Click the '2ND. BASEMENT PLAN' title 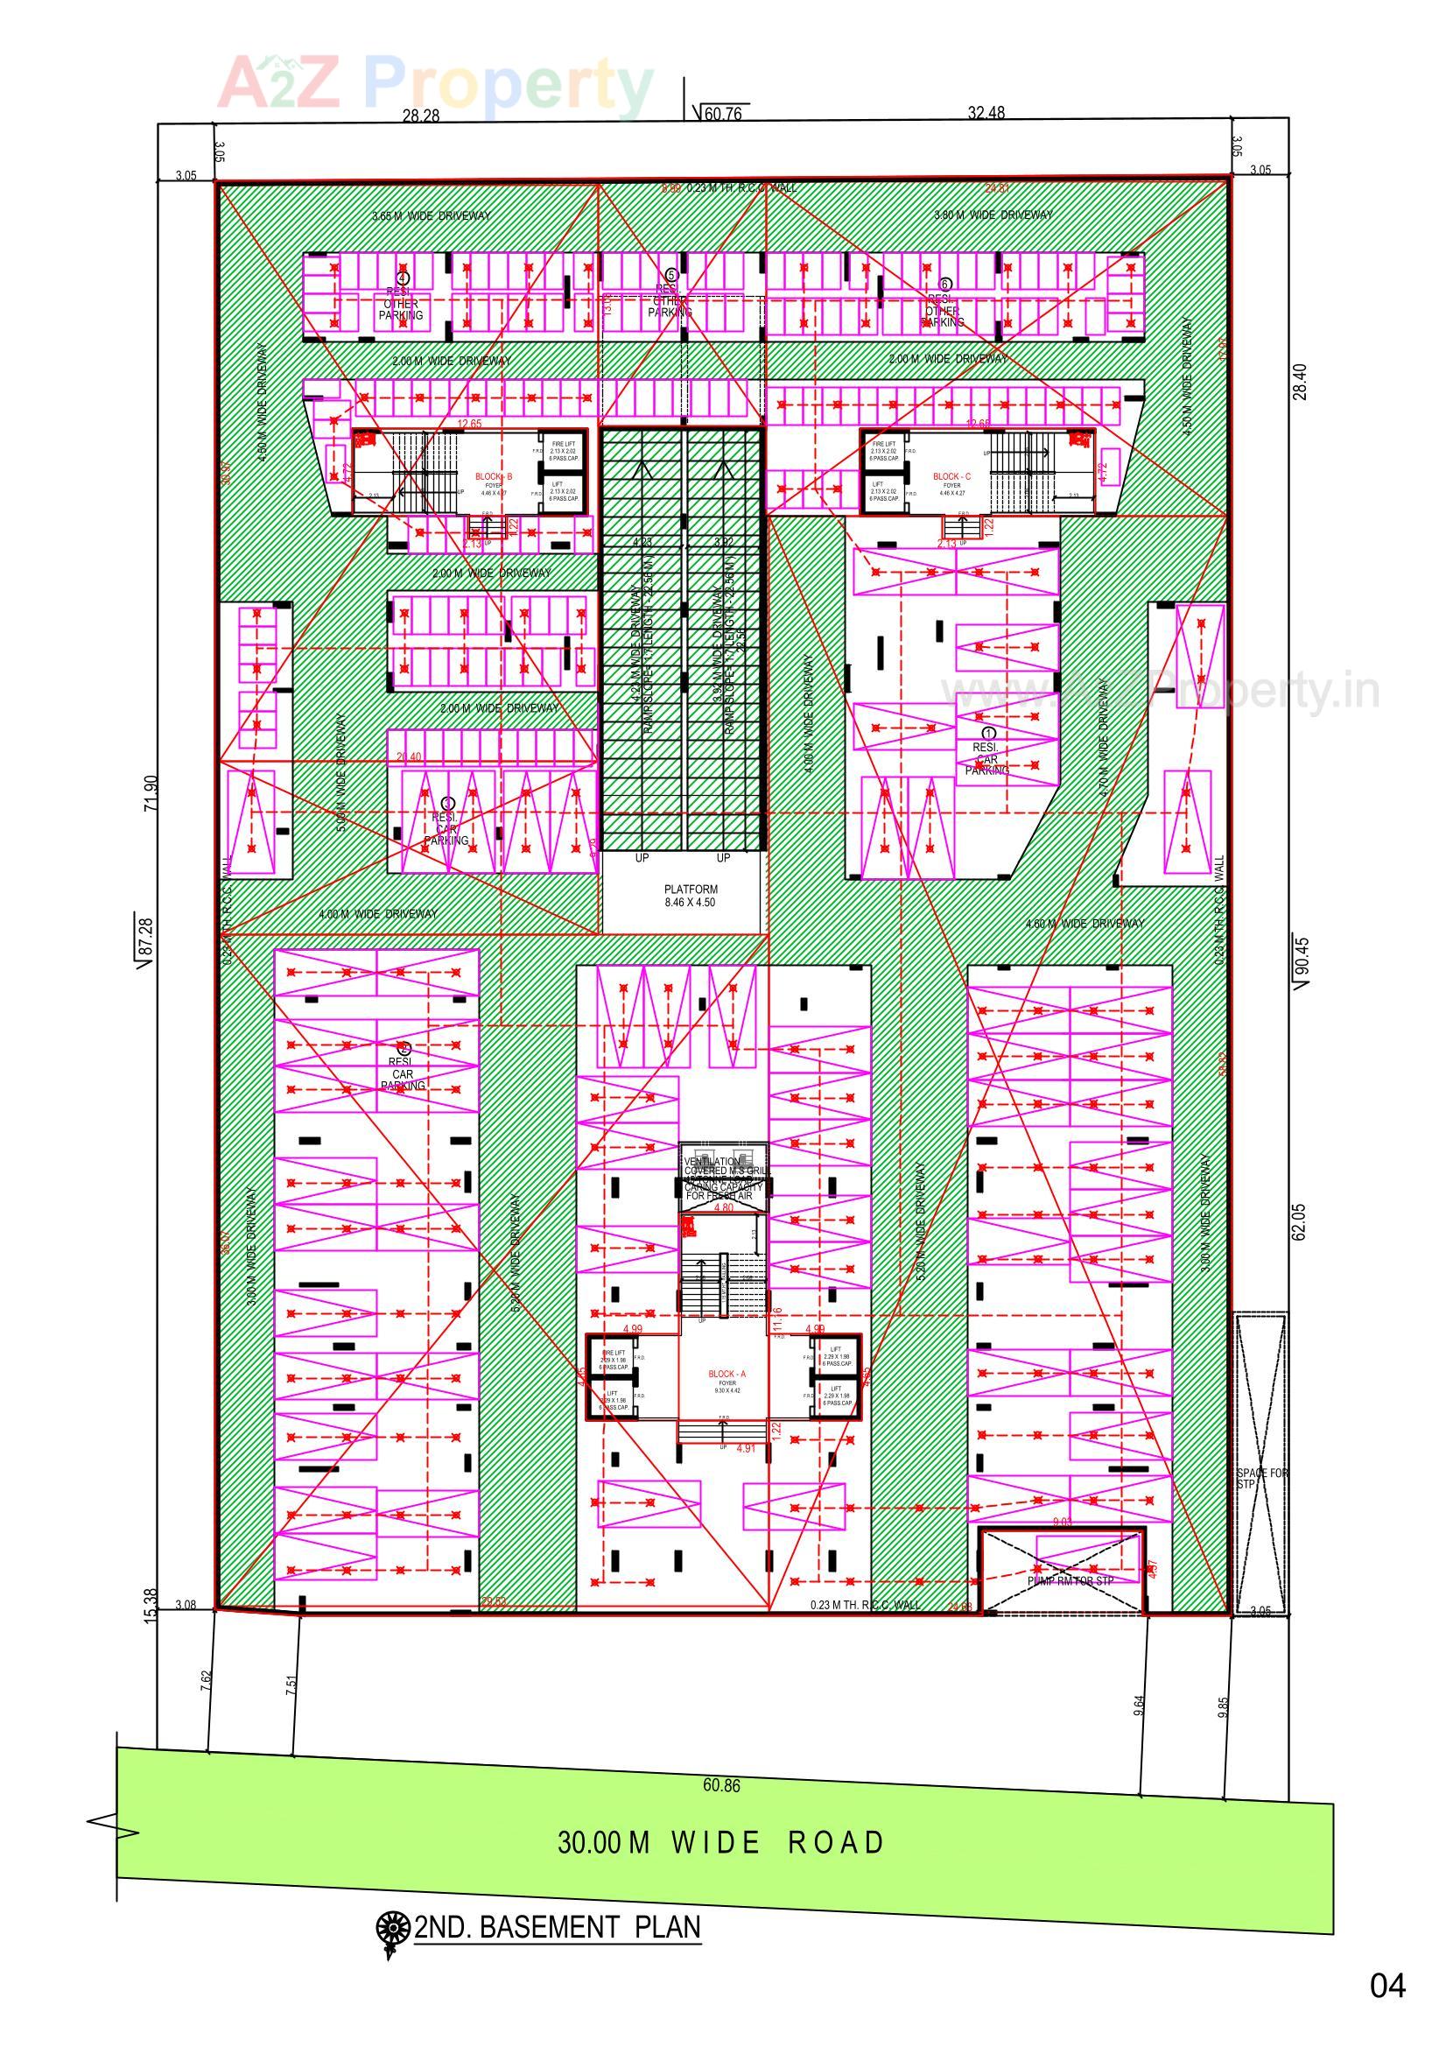tap(558, 1927)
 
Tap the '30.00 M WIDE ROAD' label tap(720, 1843)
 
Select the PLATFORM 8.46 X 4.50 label tap(690, 895)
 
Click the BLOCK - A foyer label tap(727, 1375)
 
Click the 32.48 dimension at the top tap(986, 112)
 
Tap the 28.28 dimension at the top tap(421, 115)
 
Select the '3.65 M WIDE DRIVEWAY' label tap(431, 215)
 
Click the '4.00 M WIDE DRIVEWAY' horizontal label tap(378, 914)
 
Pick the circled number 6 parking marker tap(946, 284)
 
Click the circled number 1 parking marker tap(986, 732)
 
